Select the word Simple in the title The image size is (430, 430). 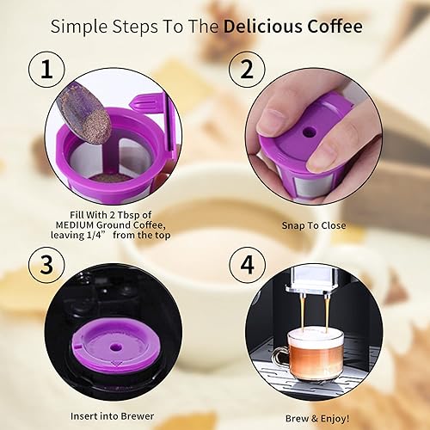click(79, 26)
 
